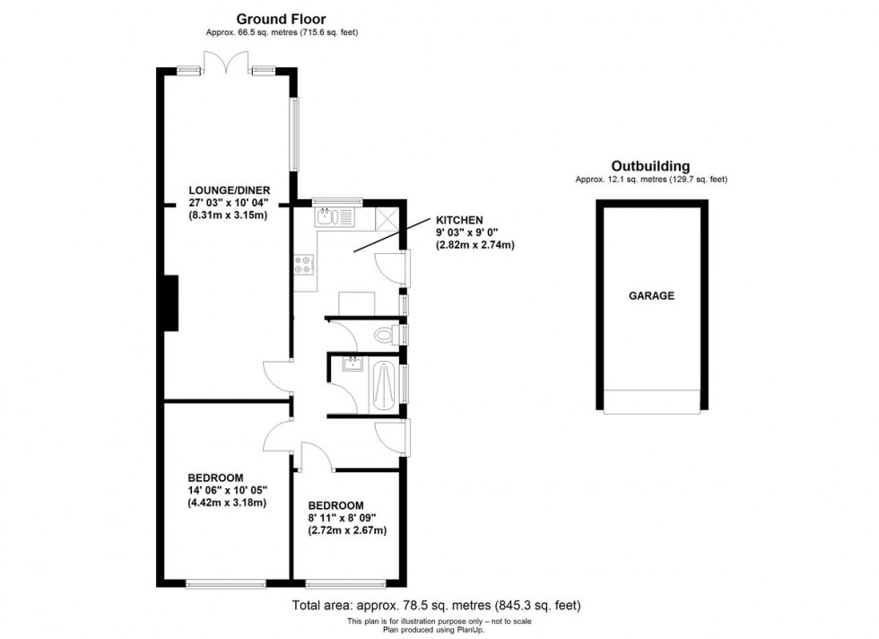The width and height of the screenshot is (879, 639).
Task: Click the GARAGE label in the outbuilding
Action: coord(651,295)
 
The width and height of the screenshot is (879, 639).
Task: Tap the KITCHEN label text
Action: coord(459,220)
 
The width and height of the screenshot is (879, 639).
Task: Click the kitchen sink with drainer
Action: coord(335,216)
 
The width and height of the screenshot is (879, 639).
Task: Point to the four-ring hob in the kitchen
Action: coord(303,264)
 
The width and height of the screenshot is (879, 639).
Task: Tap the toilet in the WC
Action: coord(386,336)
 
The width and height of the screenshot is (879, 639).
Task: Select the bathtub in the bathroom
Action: coord(383,385)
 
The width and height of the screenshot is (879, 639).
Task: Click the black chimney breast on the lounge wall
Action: coord(170,302)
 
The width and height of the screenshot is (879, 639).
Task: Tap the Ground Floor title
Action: coord(281,18)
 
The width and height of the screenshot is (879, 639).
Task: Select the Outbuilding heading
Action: coord(650,166)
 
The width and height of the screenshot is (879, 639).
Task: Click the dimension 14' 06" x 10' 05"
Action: coord(228,490)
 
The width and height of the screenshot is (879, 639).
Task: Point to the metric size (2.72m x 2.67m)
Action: coord(349,530)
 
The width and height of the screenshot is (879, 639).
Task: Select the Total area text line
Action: coord(442,605)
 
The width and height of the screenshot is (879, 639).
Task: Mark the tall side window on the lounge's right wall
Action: coord(293,134)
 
